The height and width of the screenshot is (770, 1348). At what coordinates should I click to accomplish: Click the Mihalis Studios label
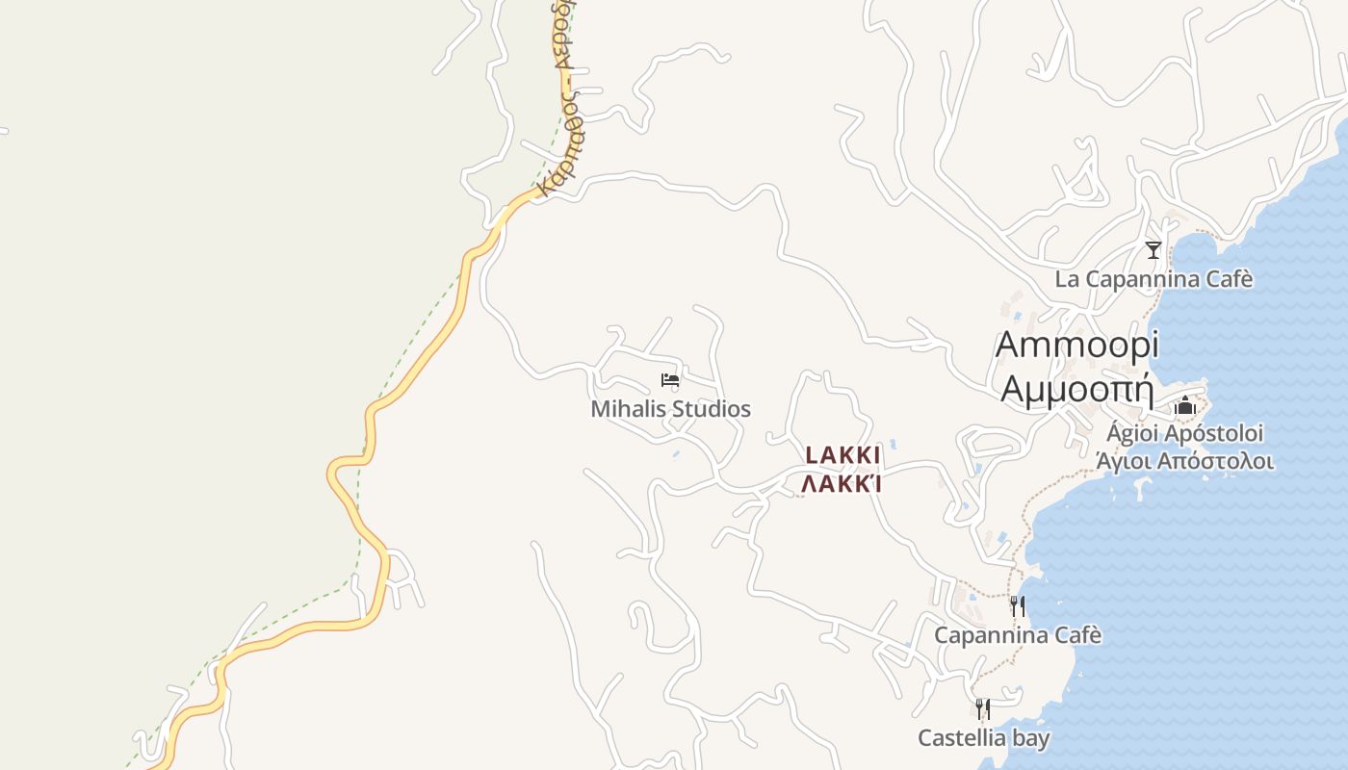[670, 409]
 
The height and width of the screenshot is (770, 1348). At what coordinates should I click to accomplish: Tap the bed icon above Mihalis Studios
[670, 380]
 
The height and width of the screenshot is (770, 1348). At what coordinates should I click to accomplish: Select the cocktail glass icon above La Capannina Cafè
[1153, 250]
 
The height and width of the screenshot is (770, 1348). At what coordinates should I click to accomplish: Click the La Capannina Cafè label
[1154, 279]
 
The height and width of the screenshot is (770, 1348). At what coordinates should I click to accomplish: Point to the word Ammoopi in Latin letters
[1076, 344]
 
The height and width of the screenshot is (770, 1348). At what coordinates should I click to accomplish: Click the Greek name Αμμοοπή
[1076, 388]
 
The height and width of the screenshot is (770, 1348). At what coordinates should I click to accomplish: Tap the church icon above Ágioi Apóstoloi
[1184, 405]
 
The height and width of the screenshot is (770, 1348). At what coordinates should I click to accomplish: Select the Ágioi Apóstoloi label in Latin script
[1184, 433]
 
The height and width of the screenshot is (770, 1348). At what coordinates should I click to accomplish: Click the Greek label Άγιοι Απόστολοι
[1184, 461]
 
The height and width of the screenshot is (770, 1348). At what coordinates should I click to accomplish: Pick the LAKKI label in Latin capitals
[842, 454]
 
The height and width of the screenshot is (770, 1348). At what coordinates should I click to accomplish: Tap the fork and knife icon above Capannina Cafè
[1017, 606]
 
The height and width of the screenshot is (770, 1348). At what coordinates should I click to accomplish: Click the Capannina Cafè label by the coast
[1017, 635]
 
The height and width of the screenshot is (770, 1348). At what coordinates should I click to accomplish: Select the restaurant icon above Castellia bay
[982, 709]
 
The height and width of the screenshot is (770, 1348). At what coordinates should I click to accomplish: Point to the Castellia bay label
[983, 738]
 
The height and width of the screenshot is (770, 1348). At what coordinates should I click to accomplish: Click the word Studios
[712, 409]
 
